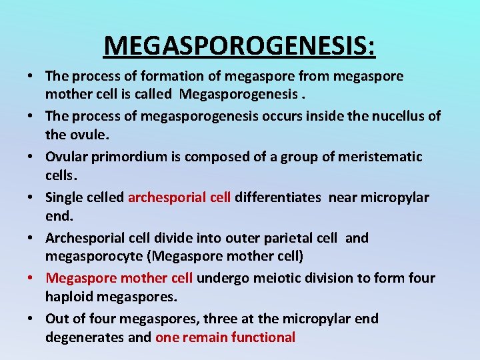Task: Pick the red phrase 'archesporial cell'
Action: tap(179, 197)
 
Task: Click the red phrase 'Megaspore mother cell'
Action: tap(119, 278)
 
